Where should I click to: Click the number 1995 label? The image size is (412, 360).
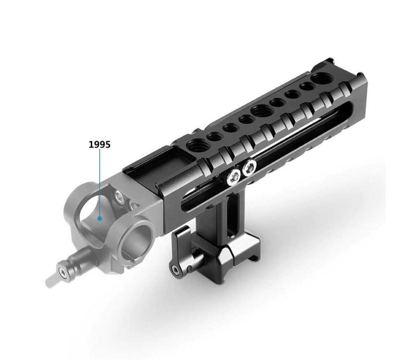point(100,144)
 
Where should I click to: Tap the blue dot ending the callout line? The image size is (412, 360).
point(99,218)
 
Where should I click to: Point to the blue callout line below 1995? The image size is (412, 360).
point(100,182)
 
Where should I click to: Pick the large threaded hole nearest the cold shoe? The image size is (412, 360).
point(195,144)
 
